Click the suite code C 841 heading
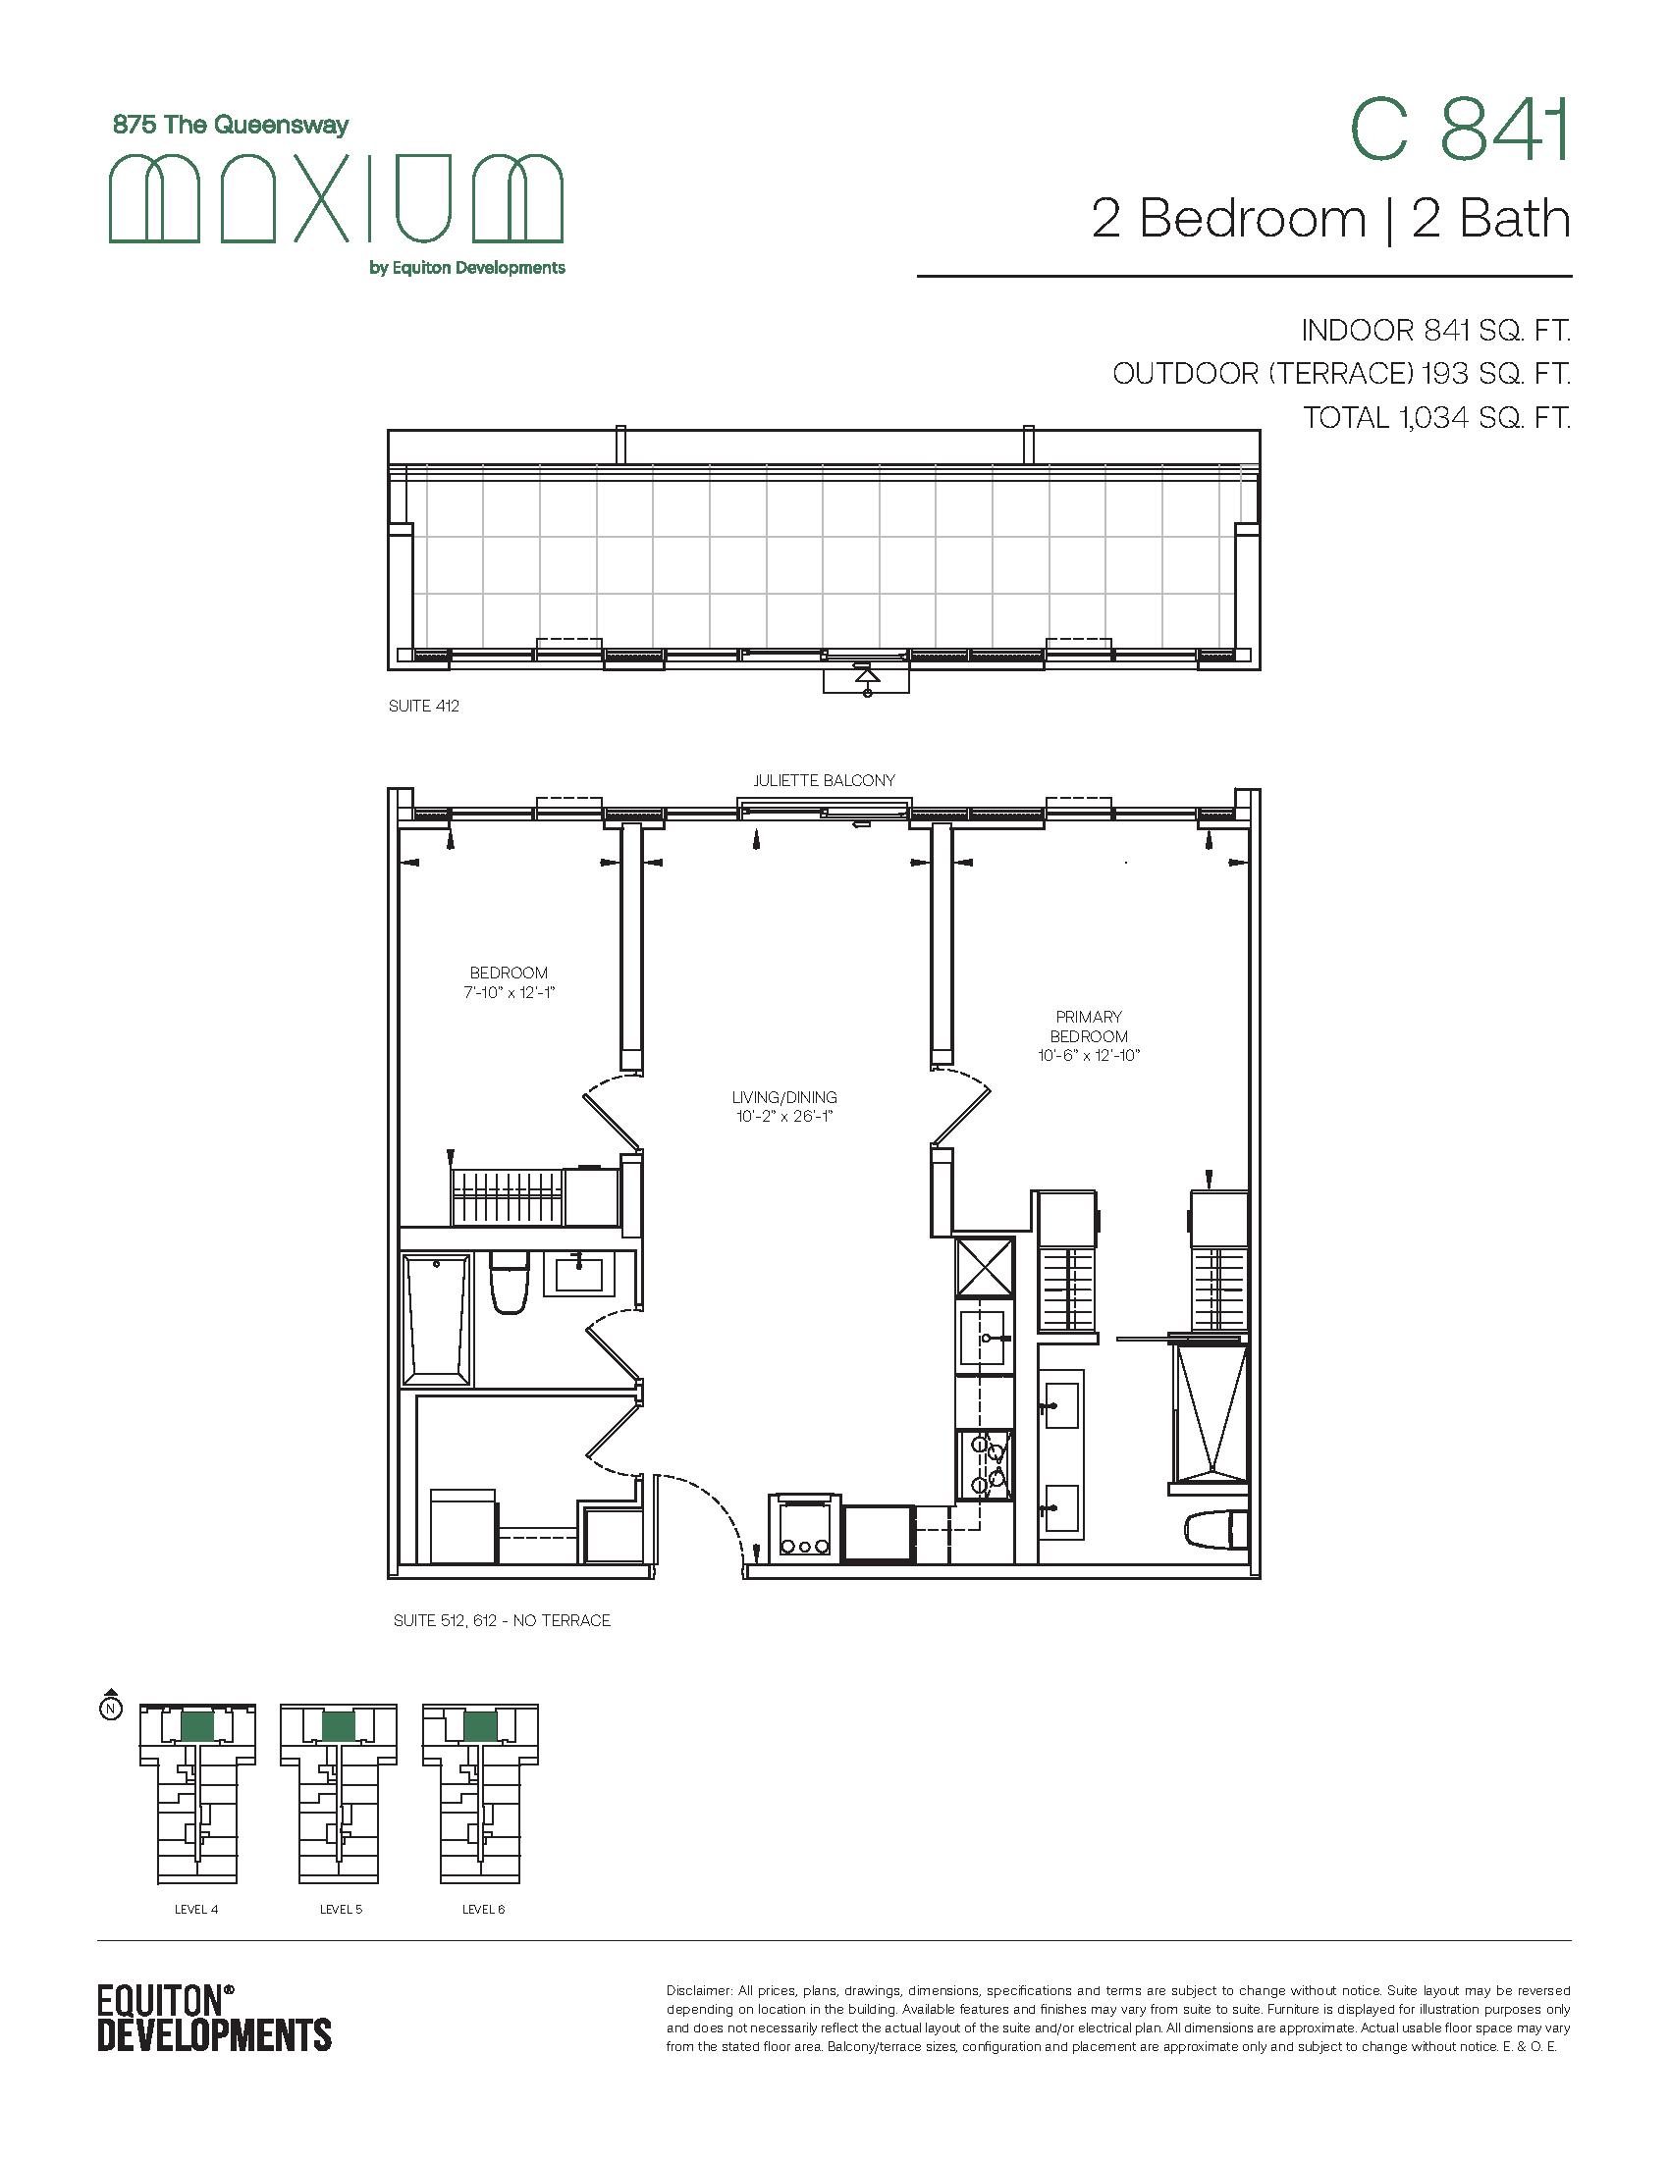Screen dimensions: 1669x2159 click(x=1459, y=132)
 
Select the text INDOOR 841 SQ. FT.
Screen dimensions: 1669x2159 click(x=1435, y=330)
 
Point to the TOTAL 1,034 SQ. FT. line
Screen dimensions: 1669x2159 click(x=1436, y=417)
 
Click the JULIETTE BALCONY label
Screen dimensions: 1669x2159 click(x=825, y=780)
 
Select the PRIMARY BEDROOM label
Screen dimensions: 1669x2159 click(x=1089, y=1027)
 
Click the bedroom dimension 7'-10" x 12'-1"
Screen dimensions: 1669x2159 click(x=509, y=992)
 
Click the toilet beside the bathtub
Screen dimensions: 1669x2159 click(x=510, y=1283)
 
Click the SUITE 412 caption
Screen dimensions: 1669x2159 click(x=423, y=706)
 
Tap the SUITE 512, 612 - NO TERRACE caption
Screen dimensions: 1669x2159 click(x=503, y=1620)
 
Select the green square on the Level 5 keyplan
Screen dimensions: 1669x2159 click(x=338, y=1726)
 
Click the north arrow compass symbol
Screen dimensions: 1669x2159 click(x=112, y=1704)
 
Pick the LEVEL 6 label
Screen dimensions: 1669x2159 click(x=483, y=1909)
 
